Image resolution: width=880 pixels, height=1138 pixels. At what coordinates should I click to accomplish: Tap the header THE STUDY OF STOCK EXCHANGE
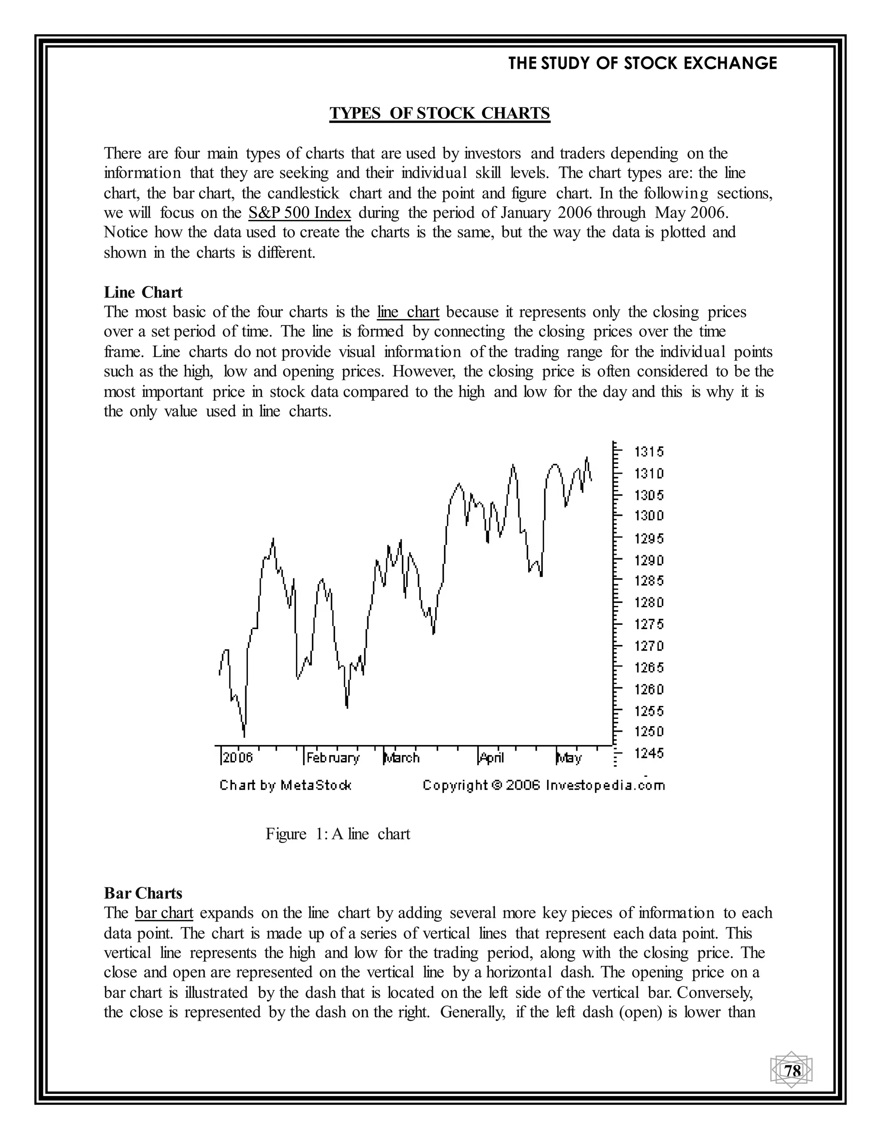pyautogui.click(x=642, y=64)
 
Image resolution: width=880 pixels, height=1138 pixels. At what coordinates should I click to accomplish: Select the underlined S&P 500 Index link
pyautogui.click(x=300, y=213)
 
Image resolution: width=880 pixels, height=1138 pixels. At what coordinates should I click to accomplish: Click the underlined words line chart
pyautogui.click(x=408, y=312)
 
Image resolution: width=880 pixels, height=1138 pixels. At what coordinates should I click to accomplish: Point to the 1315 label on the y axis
pyautogui.click(x=648, y=452)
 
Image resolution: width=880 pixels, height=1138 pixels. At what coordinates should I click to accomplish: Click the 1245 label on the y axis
pyautogui.click(x=648, y=753)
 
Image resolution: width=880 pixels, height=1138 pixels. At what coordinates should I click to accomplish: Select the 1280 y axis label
pyautogui.click(x=648, y=602)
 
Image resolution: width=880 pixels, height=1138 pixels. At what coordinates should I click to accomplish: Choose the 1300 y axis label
pyautogui.click(x=648, y=516)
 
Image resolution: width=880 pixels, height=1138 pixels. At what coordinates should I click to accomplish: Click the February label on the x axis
pyautogui.click(x=333, y=758)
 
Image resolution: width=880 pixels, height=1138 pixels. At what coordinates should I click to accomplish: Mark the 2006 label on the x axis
pyautogui.click(x=238, y=758)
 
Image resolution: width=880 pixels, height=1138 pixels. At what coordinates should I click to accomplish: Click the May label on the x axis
pyautogui.click(x=569, y=758)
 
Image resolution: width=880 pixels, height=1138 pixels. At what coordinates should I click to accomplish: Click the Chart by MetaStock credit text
pyautogui.click(x=285, y=785)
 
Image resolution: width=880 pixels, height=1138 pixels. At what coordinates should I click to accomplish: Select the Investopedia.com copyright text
pyautogui.click(x=543, y=785)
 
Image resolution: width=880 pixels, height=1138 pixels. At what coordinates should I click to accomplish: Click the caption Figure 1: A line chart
pyautogui.click(x=337, y=834)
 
